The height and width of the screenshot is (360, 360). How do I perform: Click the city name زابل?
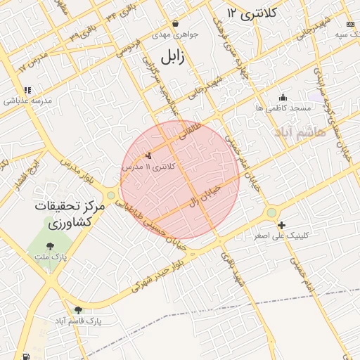pos(172,57)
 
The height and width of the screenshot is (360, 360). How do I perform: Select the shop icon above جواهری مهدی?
pos(174,23)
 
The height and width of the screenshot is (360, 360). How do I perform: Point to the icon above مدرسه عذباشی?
pos(27,90)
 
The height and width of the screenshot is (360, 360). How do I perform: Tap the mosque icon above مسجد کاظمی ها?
pos(283,98)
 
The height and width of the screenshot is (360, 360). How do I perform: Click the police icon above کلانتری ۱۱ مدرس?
pos(148,155)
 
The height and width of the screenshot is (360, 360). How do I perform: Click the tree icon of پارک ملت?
pos(49,245)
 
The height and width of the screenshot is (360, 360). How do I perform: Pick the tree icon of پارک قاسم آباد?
pos(78,309)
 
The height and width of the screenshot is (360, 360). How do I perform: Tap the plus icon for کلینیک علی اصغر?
pos(282,226)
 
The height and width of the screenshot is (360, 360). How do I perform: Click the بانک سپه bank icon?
pos(351,24)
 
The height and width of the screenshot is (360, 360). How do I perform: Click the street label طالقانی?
pos(191,131)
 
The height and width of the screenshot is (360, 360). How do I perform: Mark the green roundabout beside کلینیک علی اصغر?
pos(271,212)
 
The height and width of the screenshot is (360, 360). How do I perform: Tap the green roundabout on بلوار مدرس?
pos(110,195)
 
